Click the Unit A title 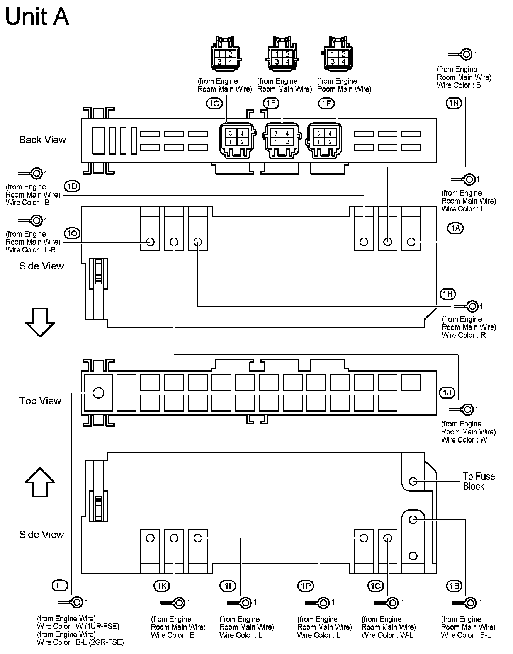click(37, 17)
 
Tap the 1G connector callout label click(214, 103)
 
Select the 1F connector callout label click(271, 103)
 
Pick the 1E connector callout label click(326, 103)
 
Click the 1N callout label click(454, 103)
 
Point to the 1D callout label click(72, 186)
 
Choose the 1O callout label click(72, 233)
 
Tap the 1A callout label click(456, 228)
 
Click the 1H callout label click(448, 294)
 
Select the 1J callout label click(447, 393)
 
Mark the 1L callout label click(59, 586)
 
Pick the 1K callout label click(161, 586)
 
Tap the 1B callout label click(454, 586)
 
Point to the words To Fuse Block click(478, 481)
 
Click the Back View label click(42, 140)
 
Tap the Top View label click(40, 401)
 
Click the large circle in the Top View click(99, 393)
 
